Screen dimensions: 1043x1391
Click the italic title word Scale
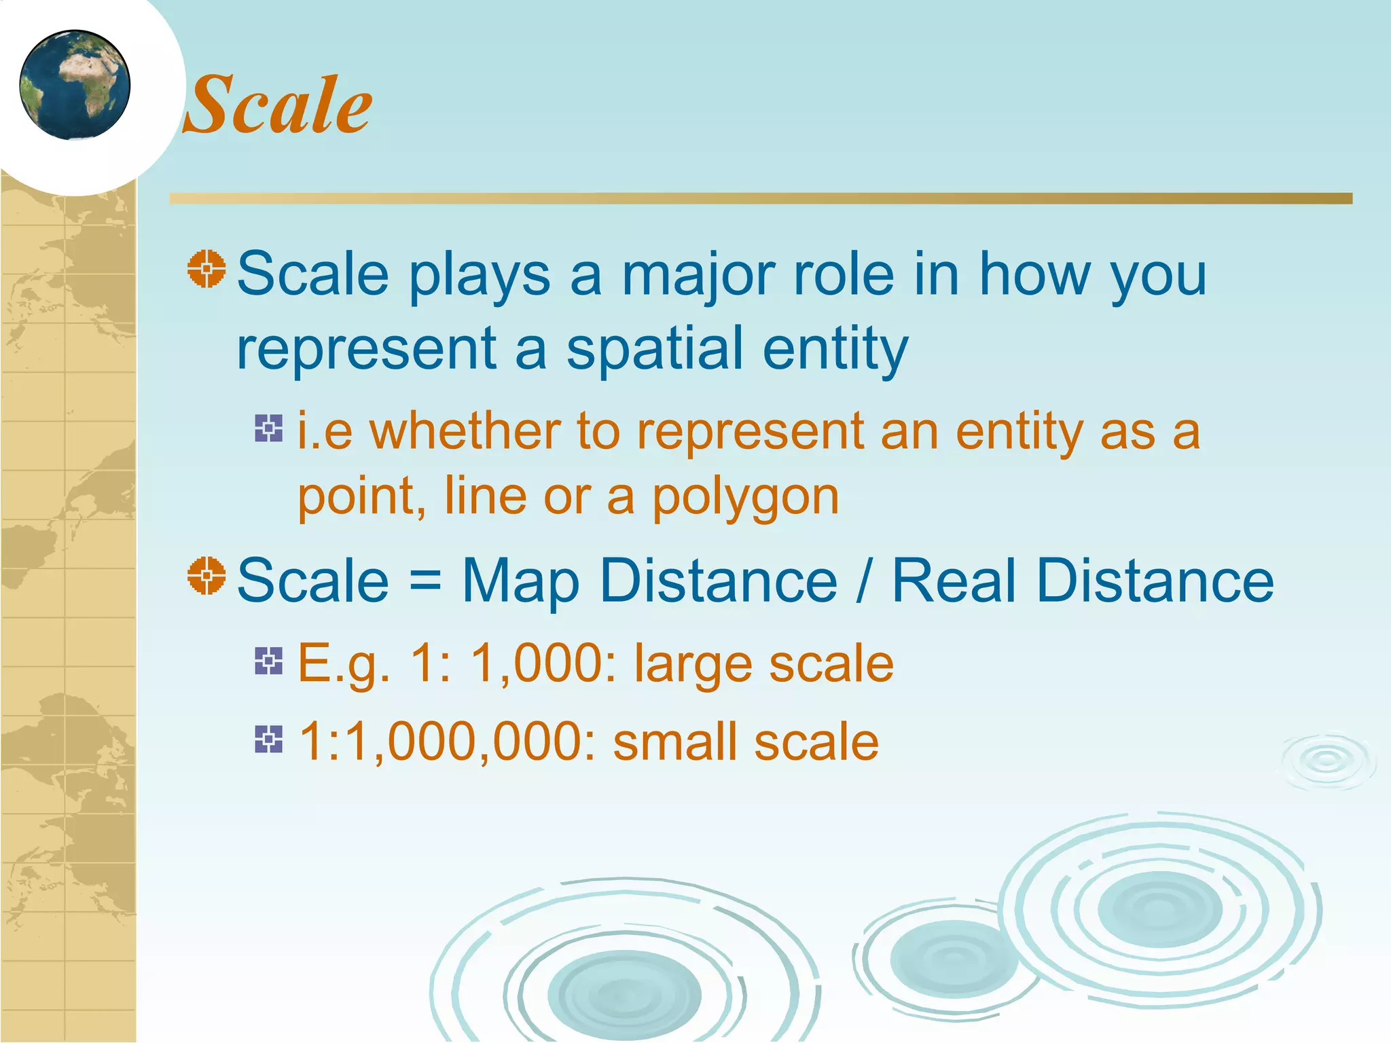coord(278,105)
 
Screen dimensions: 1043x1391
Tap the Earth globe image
coord(75,85)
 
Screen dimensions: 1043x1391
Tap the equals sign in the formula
coord(425,581)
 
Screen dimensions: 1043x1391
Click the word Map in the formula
coord(521,581)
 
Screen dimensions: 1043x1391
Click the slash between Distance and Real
coord(863,581)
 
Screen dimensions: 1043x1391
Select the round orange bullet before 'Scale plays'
coord(206,269)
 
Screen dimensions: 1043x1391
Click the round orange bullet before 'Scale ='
coord(206,576)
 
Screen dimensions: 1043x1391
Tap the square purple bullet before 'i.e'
coord(269,428)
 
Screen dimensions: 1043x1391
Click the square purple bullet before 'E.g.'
coord(269,661)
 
